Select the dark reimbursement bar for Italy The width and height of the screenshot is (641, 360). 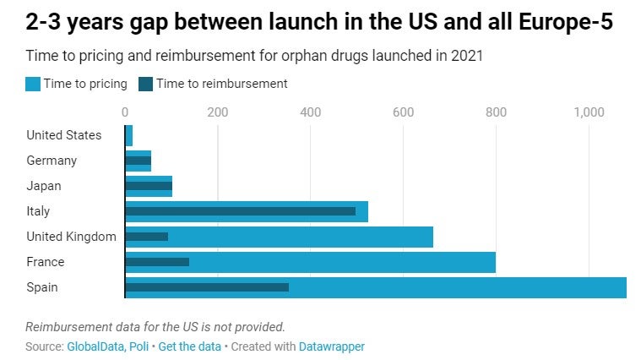240,211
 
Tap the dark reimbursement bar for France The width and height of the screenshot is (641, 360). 157,262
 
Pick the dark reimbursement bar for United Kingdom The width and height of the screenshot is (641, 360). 146,237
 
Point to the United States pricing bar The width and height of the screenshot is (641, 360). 129,135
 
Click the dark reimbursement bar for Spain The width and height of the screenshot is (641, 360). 207,287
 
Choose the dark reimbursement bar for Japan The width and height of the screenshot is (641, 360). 149,186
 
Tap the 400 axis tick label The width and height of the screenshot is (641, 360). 310,112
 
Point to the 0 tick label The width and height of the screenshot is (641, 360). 125,112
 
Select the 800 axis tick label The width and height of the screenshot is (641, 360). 496,112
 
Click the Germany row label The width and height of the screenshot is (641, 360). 52,161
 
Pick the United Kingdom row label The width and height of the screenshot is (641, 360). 71,237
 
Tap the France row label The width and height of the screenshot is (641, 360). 46,262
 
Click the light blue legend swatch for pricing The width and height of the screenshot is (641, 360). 33,84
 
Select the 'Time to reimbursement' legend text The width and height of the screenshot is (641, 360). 221,84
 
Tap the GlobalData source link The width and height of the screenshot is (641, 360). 97,346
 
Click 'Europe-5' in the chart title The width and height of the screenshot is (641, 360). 557,24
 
